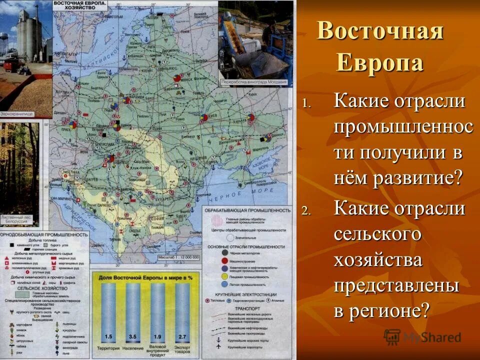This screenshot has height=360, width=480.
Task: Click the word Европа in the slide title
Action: [379, 63]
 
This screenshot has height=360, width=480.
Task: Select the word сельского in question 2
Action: [377, 234]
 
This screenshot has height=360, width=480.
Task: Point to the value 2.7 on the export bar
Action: [183, 336]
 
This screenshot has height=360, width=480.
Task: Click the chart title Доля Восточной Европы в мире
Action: [145, 276]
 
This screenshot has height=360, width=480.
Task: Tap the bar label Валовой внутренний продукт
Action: [158, 350]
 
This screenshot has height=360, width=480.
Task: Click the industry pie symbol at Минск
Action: [178, 79]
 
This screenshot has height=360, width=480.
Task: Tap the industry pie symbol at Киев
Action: [204, 117]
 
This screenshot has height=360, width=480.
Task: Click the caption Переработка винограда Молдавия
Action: [254, 81]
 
